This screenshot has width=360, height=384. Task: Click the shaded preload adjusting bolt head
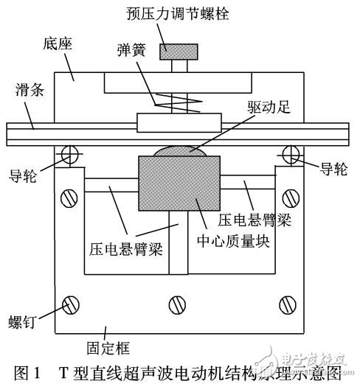[179, 52]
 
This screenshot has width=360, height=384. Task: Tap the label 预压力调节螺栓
[178, 13]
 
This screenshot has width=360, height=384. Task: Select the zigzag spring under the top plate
[179, 102]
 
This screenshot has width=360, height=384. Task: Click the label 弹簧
[131, 50]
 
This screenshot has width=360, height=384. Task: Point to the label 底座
[58, 44]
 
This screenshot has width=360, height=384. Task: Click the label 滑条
[30, 90]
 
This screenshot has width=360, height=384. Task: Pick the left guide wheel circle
[69, 155]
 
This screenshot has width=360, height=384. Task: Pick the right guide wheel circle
[291, 155]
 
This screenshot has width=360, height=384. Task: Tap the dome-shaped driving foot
[180, 151]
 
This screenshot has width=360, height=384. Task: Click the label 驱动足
[269, 107]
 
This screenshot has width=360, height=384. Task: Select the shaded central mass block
[179, 184]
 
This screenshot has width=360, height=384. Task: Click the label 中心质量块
[233, 241]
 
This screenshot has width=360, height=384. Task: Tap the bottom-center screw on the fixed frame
[177, 305]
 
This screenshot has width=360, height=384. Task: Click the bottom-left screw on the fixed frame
[71, 305]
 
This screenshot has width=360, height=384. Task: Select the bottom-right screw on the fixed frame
[288, 305]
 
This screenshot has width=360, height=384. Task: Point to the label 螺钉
[23, 321]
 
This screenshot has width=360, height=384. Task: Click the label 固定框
[108, 348]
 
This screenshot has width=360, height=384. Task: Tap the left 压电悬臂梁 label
[126, 249]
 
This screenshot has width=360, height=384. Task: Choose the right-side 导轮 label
[333, 170]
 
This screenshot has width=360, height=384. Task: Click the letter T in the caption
[63, 373]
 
